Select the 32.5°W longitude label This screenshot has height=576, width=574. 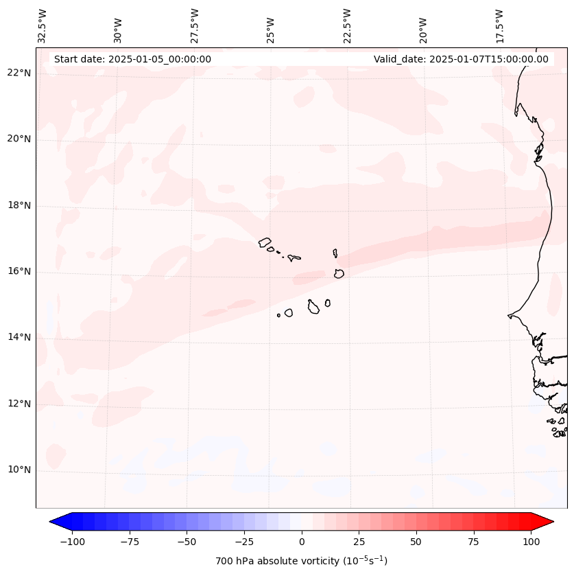click(x=43, y=25)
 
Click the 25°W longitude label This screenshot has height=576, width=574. click(x=271, y=27)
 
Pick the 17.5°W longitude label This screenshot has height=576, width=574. click(x=499, y=25)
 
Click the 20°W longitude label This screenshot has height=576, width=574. click(x=423, y=27)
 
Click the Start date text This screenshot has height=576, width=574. click(x=132, y=59)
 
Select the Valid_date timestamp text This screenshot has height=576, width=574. click(x=461, y=59)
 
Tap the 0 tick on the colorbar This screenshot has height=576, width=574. click(x=302, y=542)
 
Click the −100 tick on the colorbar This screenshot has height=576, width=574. click(x=73, y=542)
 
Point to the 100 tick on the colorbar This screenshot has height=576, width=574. click(x=530, y=542)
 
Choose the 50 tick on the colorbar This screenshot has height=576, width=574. click(x=416, y=542)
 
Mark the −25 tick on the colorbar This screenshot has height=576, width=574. click(x=244, y=542)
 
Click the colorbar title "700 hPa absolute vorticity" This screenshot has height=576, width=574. click(x=301, y=561)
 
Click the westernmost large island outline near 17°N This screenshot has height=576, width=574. click(x=265, y=242)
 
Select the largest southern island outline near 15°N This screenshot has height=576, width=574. click(x=313, y=307)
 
